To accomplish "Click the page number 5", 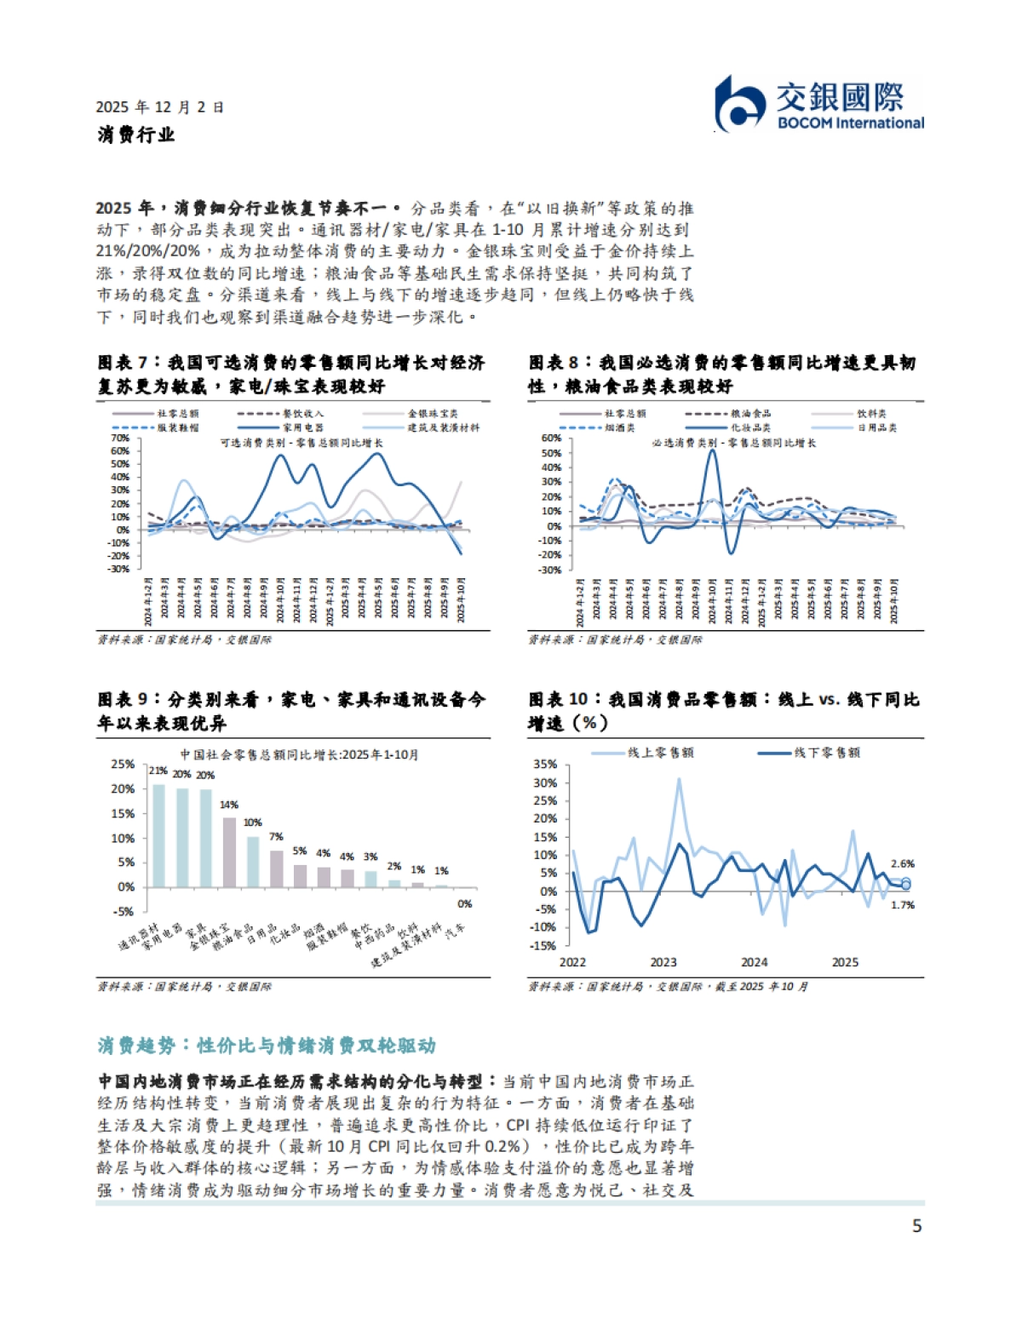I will coord(916,1226).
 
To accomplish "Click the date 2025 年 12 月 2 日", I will coord(160,107).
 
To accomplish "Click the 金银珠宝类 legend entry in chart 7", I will coord(433,414).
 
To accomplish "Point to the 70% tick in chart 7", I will coord(119,438).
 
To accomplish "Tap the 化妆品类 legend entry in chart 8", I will coord(750,427).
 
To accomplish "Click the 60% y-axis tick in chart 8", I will coord(551,438).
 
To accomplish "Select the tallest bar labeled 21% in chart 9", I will coord(158,835).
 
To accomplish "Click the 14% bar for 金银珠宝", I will coord(229,852).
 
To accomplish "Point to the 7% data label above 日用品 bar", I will coord(276,837).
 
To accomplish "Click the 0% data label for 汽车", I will coord(464,904).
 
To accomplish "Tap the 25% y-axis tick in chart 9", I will coord(123,764).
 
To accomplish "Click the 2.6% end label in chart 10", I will coord(902,863).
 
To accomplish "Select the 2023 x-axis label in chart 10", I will coord(663,962).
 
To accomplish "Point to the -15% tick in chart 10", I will coord(543,946).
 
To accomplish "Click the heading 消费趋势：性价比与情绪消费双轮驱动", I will coord(266,1045).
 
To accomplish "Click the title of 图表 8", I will coord(722,374).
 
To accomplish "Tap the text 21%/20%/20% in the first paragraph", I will coord(147,251).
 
